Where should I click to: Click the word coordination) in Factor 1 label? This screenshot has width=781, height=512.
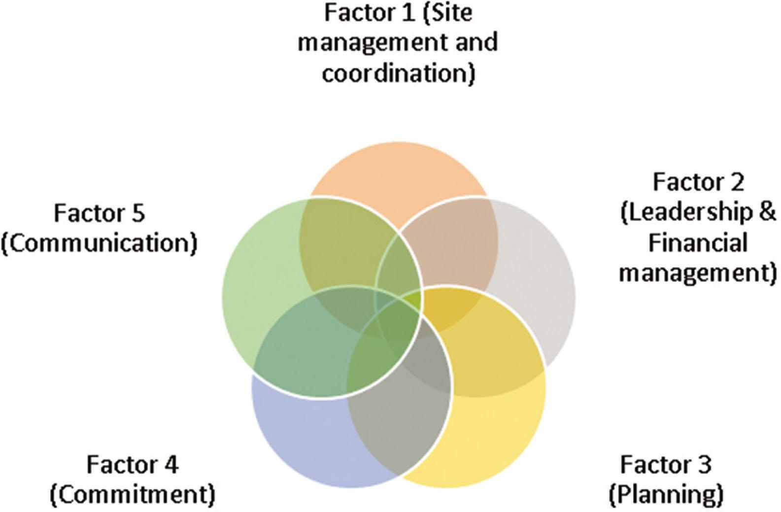(398, 73)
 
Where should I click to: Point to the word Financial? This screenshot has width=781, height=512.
(698, 243)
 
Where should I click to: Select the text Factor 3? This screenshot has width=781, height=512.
(665, 465)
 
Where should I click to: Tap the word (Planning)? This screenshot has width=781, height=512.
(666, 494)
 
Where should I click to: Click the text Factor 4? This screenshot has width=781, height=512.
(133, 465)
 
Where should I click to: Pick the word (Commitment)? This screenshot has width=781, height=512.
(133, 494)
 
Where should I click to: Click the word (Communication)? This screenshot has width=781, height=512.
(99, 243)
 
